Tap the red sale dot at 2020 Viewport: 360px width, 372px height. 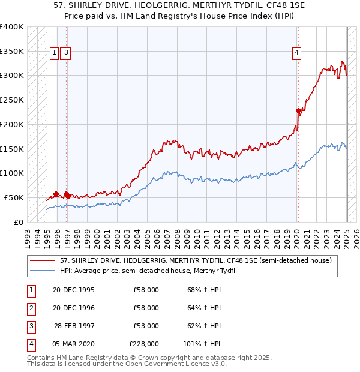tap(298, 110)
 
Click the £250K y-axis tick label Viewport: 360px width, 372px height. tap(12, 100)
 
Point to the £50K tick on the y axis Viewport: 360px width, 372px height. tap(14, 197)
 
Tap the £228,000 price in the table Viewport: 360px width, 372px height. tap(144, 344)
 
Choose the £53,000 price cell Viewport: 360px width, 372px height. tap(146, 326)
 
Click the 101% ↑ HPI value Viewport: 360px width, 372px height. tap(202, 344)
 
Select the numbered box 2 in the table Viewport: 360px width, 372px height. tap(31, 308)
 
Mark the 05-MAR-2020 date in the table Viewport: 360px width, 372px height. tap(73, 344)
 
